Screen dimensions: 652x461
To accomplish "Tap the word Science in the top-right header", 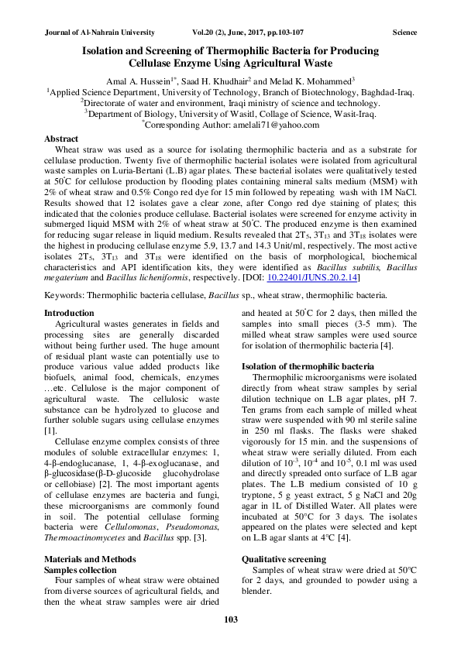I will tap(404, 33).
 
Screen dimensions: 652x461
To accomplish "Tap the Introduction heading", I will tap(70, 312).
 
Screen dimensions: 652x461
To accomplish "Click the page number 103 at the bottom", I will tap(230, 618).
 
